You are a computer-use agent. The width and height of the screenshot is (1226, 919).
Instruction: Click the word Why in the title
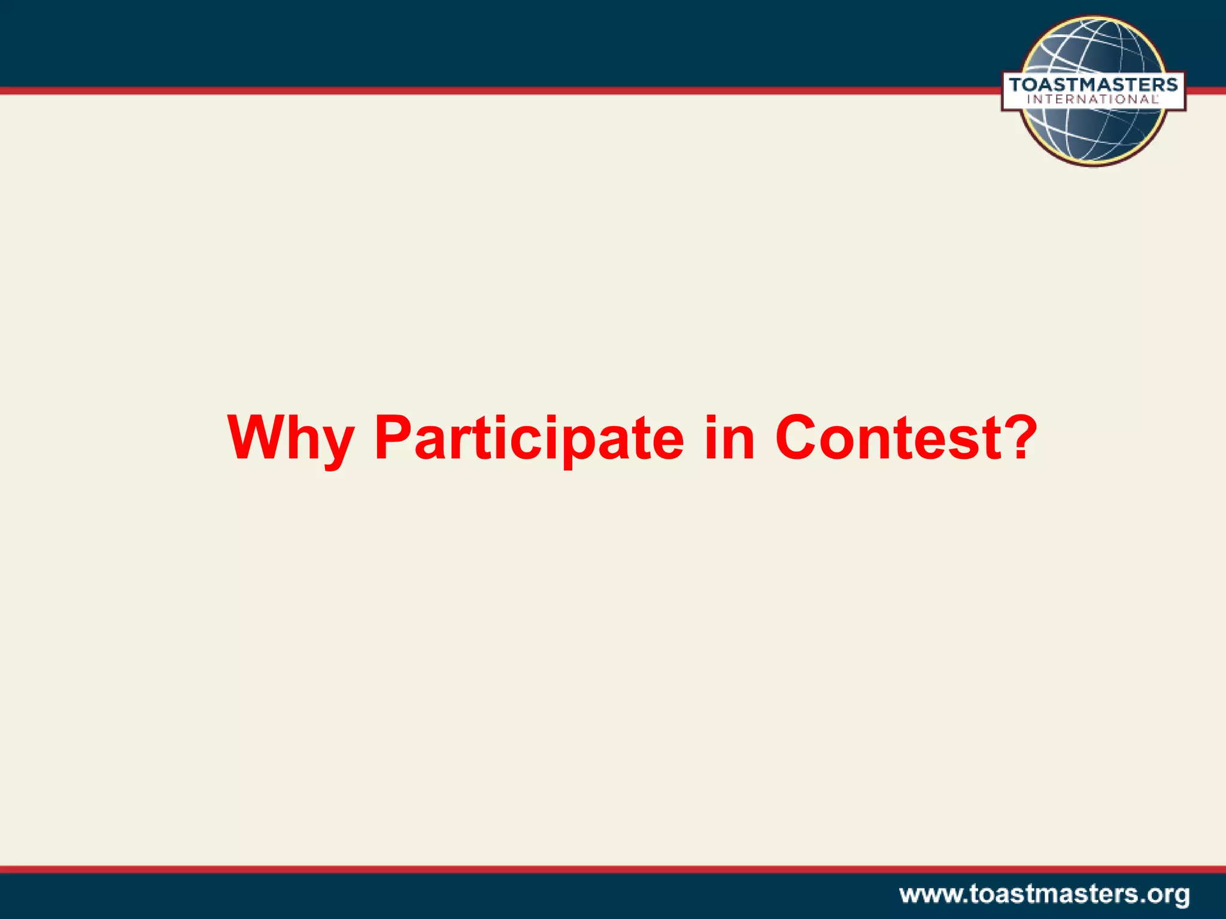pyautogui.click(x=291, y=439)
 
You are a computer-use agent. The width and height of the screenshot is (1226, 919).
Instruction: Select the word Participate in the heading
pyautogui.click(x=529, y=439)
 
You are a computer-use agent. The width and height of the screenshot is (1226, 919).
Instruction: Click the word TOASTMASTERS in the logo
pyautogui.click(x=1093, y=84)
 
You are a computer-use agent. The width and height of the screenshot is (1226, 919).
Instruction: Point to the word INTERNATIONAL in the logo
pyautogui.click(x=1093, y=100)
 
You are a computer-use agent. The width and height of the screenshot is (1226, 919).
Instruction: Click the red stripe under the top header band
pyautogui.click(x=479, y=91)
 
